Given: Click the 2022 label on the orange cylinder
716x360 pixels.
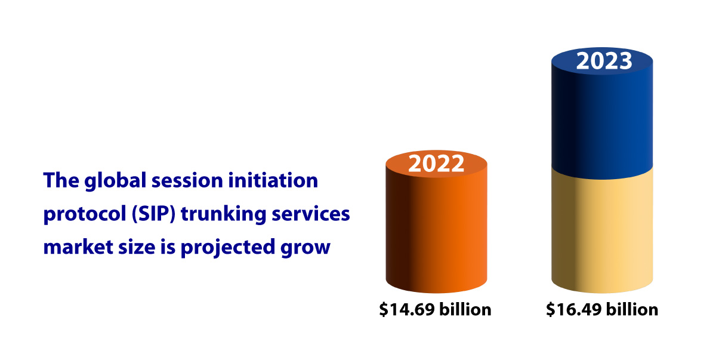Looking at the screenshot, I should [x=436, y=163].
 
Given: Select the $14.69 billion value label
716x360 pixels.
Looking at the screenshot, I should [x=436, y=309].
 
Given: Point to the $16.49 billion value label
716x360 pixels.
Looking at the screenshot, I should [x=602, y=309].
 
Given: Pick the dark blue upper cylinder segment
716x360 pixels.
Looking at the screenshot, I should [x=602, y=119].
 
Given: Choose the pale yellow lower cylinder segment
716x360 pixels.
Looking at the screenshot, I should [x=602, y=233].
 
